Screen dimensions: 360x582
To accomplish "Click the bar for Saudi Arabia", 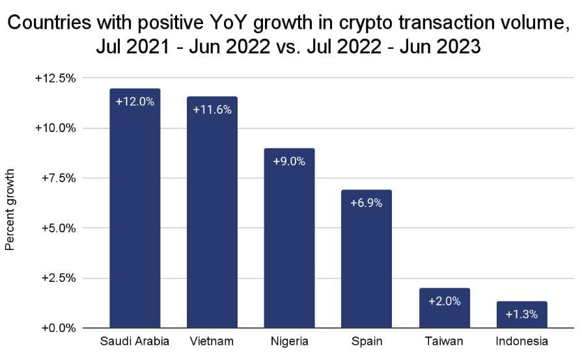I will click(x=135, y=215).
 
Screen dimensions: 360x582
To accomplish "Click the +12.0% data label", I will click(x=135, y=102).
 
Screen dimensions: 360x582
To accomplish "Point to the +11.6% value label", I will click(x=212, y=109).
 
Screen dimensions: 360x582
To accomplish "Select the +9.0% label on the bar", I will click(x=289, y=161).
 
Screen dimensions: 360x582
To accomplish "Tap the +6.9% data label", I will click(x=367, y=202).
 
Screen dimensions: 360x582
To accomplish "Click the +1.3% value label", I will click(x=521, y=314).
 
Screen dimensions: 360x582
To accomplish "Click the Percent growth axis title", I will click(x=10, y=210).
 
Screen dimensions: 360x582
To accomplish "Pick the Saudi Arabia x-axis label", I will click(x=135, y=342).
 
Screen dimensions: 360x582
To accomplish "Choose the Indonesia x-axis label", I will click(x=521, y=342).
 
